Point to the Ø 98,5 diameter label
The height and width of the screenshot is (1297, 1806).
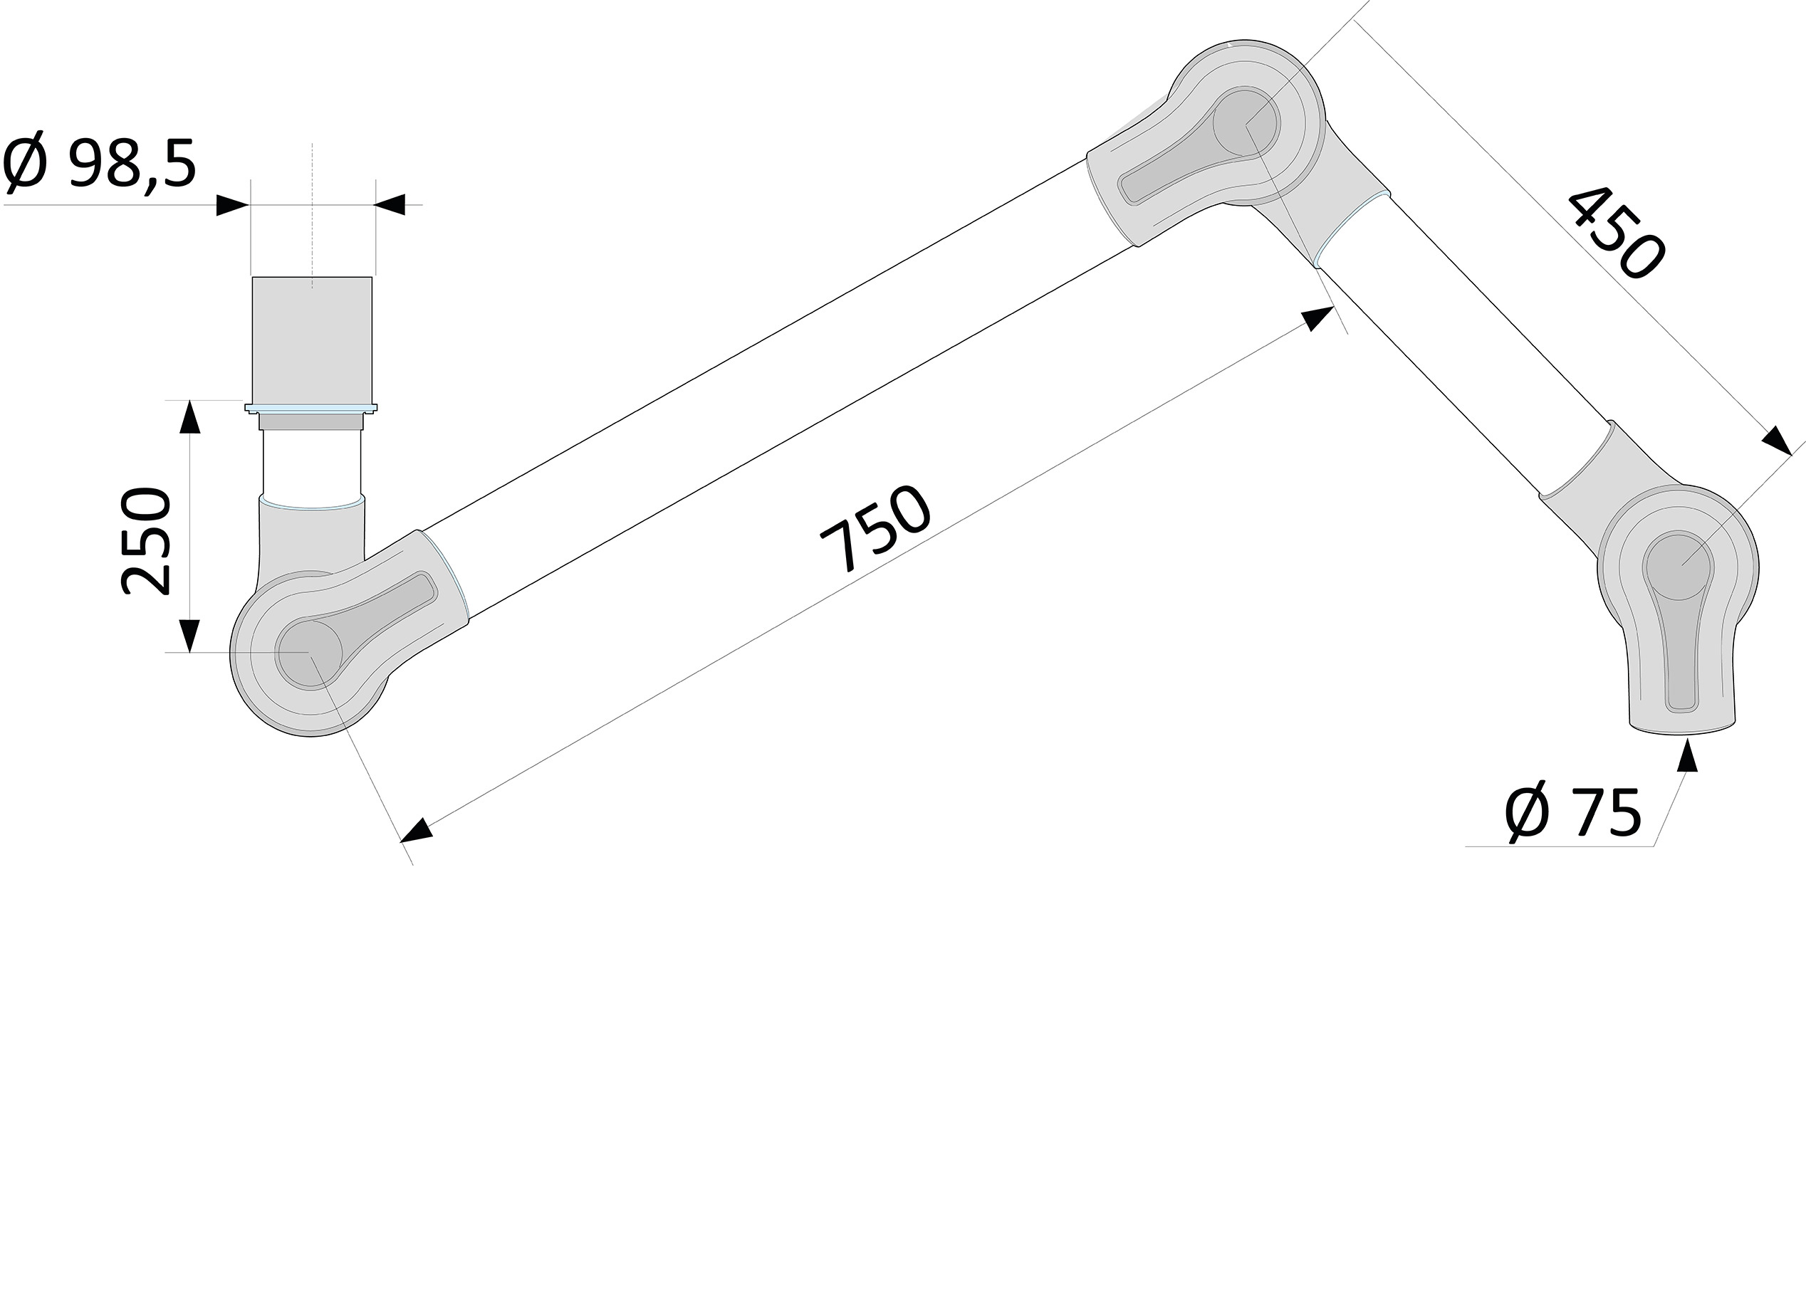tap(100, 164)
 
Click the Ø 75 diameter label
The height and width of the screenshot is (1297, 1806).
tap(1572, 813)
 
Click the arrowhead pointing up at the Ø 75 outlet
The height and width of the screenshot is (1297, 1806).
tap(1686, 755)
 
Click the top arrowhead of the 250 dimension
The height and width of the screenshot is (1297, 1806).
tap(189, 417)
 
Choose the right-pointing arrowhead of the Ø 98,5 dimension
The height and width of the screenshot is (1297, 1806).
tap(233, 206)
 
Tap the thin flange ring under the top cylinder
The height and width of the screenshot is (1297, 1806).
tap(310, 409)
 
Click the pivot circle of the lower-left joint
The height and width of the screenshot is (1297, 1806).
tap(309, 653)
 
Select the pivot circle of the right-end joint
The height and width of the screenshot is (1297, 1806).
tap(1678, 567)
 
